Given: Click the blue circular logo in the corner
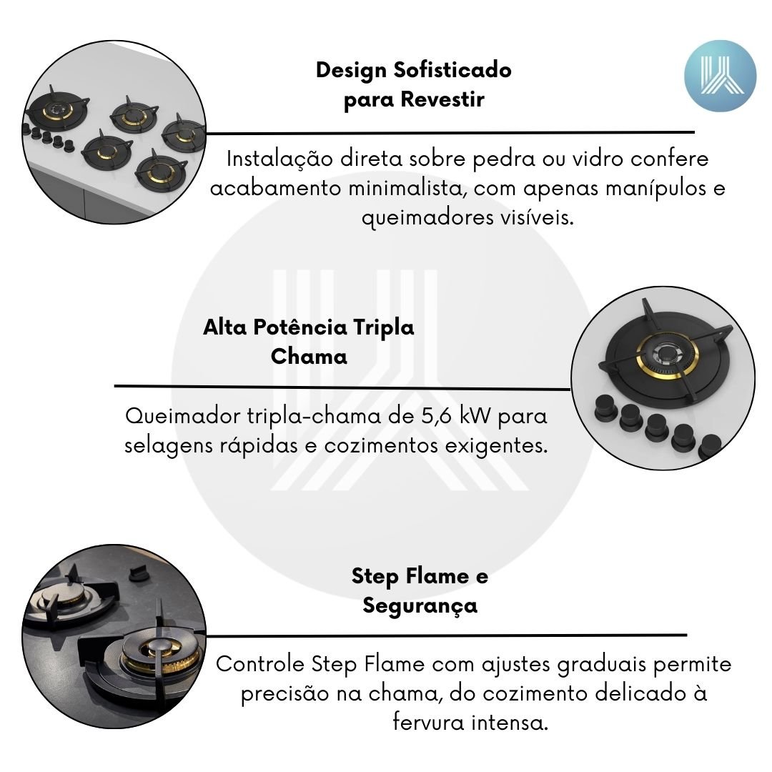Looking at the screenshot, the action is click(x=720, y=76).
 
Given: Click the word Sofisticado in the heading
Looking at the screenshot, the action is click(x=452, y=70).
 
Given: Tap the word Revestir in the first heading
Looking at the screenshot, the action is click(x=442, y=99).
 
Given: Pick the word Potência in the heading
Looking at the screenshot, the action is click(x=300, y=327).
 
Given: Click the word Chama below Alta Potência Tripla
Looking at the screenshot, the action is click(x=309, y=357).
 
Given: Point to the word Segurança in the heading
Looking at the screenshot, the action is click(x=420, y=606).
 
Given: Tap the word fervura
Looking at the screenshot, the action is click(x=428, y=723).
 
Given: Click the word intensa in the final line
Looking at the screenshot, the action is click(x=510, y=723).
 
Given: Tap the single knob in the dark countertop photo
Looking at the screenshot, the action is click(x=139, y=574).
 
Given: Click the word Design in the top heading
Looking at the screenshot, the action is click(x=352, y=70).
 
